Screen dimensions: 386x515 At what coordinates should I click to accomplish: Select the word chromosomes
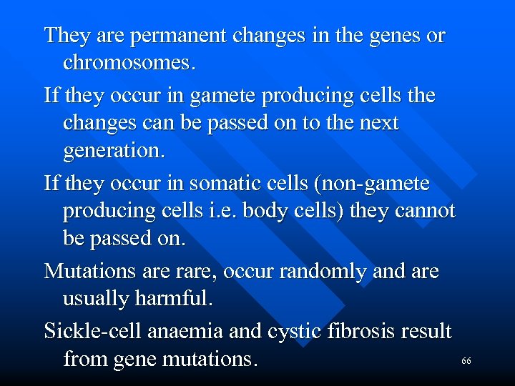click(128, 64)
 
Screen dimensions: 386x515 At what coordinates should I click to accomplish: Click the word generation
click(114, 152)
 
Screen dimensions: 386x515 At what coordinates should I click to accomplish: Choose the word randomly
click(340, 272)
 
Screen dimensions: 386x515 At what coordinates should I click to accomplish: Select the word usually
click(97, 300)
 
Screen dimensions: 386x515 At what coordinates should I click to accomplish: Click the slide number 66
click(466, 362)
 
